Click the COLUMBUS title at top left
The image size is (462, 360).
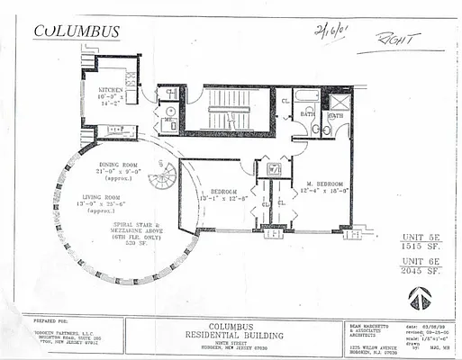tap(77, 31)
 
